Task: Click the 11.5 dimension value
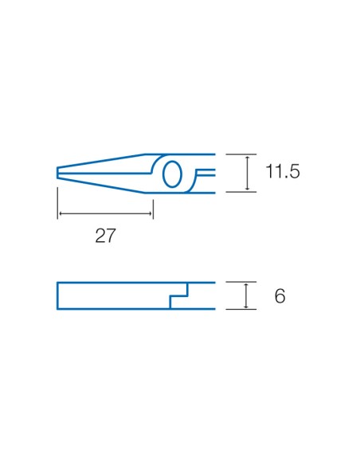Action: pyautogui.click(x=283, y=171)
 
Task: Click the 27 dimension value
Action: pyautogui.click(x=105, y=236)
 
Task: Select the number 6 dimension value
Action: pyautogui.click(x=280, y=295)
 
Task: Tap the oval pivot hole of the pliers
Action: pyautogui.click(x=172, y=174)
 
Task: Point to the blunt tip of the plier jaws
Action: pyautogui.click(x=57, y=174)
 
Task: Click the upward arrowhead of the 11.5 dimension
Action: pyautogui.click(x=248, y=158)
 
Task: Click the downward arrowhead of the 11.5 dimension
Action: pyautogui.click(x=248, y=188)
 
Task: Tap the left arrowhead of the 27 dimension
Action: pyautogui.click(x=61, y=213)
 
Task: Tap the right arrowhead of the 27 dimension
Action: pyautogui.click(x=150, y=213)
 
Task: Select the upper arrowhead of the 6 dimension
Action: pyautogui.click(x=246, y=285)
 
